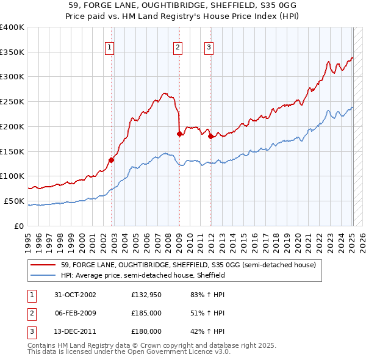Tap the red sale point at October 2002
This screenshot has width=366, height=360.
112,160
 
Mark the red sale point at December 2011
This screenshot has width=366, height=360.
210,137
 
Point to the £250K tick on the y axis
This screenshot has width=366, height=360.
12,101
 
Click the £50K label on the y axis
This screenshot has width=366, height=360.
14,201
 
